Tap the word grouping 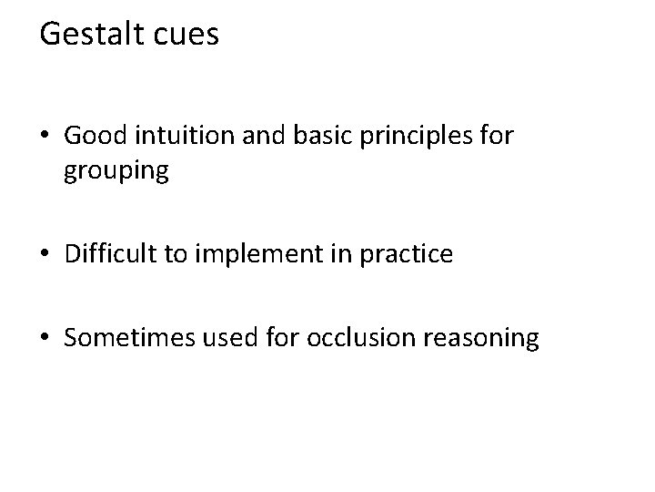[117, 172]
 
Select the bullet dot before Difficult [45, 256]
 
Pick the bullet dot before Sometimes [45, 341]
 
